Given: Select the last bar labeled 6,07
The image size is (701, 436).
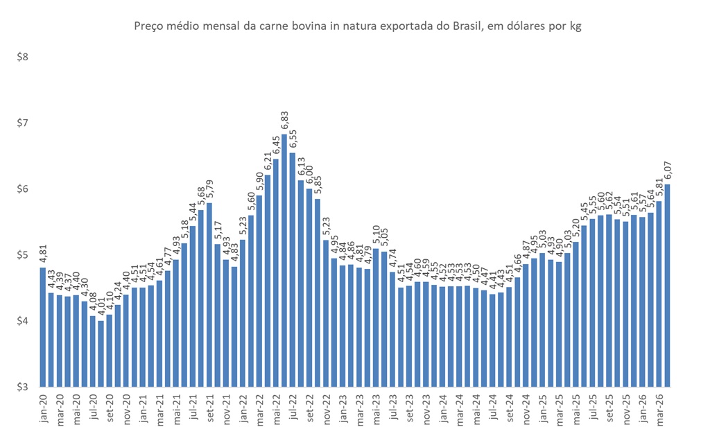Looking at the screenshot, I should pyautogui.click(x=667, y=285).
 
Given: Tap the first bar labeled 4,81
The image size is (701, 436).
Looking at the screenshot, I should pyautogui.click(x=42, y=326).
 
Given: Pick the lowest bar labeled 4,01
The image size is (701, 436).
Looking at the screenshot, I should pyautogui.click(x=101, y=354).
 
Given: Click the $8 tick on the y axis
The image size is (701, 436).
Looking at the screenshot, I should pyautogui.click(x=22, y=57).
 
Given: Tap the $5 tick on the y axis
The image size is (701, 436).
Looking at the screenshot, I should pyautogui.click(x=22, y=255).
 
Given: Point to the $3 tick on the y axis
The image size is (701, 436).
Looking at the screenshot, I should pyautogui.click(x=22, y=387).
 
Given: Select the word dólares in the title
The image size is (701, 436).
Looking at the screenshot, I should pyautogui.click(x=508, y=27).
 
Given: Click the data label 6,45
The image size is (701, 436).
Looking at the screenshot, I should pyautogui.click(x=275, y=146).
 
